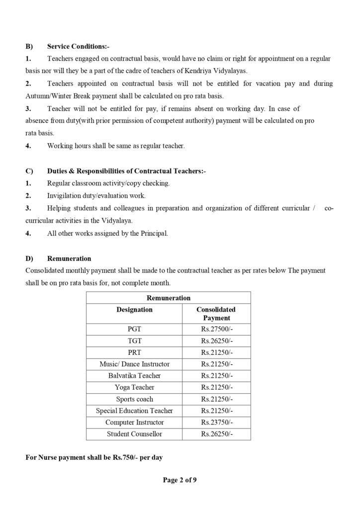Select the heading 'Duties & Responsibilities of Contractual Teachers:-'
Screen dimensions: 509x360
coord(126,171)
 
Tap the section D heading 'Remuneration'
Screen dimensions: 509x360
coord(69,258)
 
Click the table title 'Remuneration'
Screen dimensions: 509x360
coord(169,298)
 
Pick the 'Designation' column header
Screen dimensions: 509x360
coord(134,310)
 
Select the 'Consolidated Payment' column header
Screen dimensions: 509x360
coord(216,314)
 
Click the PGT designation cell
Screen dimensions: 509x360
coord(134,329)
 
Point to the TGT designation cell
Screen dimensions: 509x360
coord(134,341)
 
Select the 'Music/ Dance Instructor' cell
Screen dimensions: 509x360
coord(134,364)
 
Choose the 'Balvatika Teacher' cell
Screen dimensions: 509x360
coord(134,376)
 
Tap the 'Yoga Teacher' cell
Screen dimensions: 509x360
coord(134,387)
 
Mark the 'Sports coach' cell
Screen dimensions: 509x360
coord(134,399)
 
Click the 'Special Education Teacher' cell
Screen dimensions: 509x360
coord(134,411)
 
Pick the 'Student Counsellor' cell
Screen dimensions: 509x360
coord(134,434)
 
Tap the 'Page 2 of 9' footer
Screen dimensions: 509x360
coord(180,480)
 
